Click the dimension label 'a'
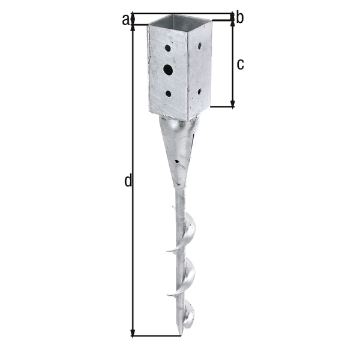(x=126, y=20)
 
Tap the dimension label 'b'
(x=239, y=18)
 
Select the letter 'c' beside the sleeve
(x=240, y=65)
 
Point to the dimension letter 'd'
(x=127, y=180)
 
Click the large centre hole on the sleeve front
(x=168, y=70)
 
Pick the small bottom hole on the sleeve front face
(x=169, y=94)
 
